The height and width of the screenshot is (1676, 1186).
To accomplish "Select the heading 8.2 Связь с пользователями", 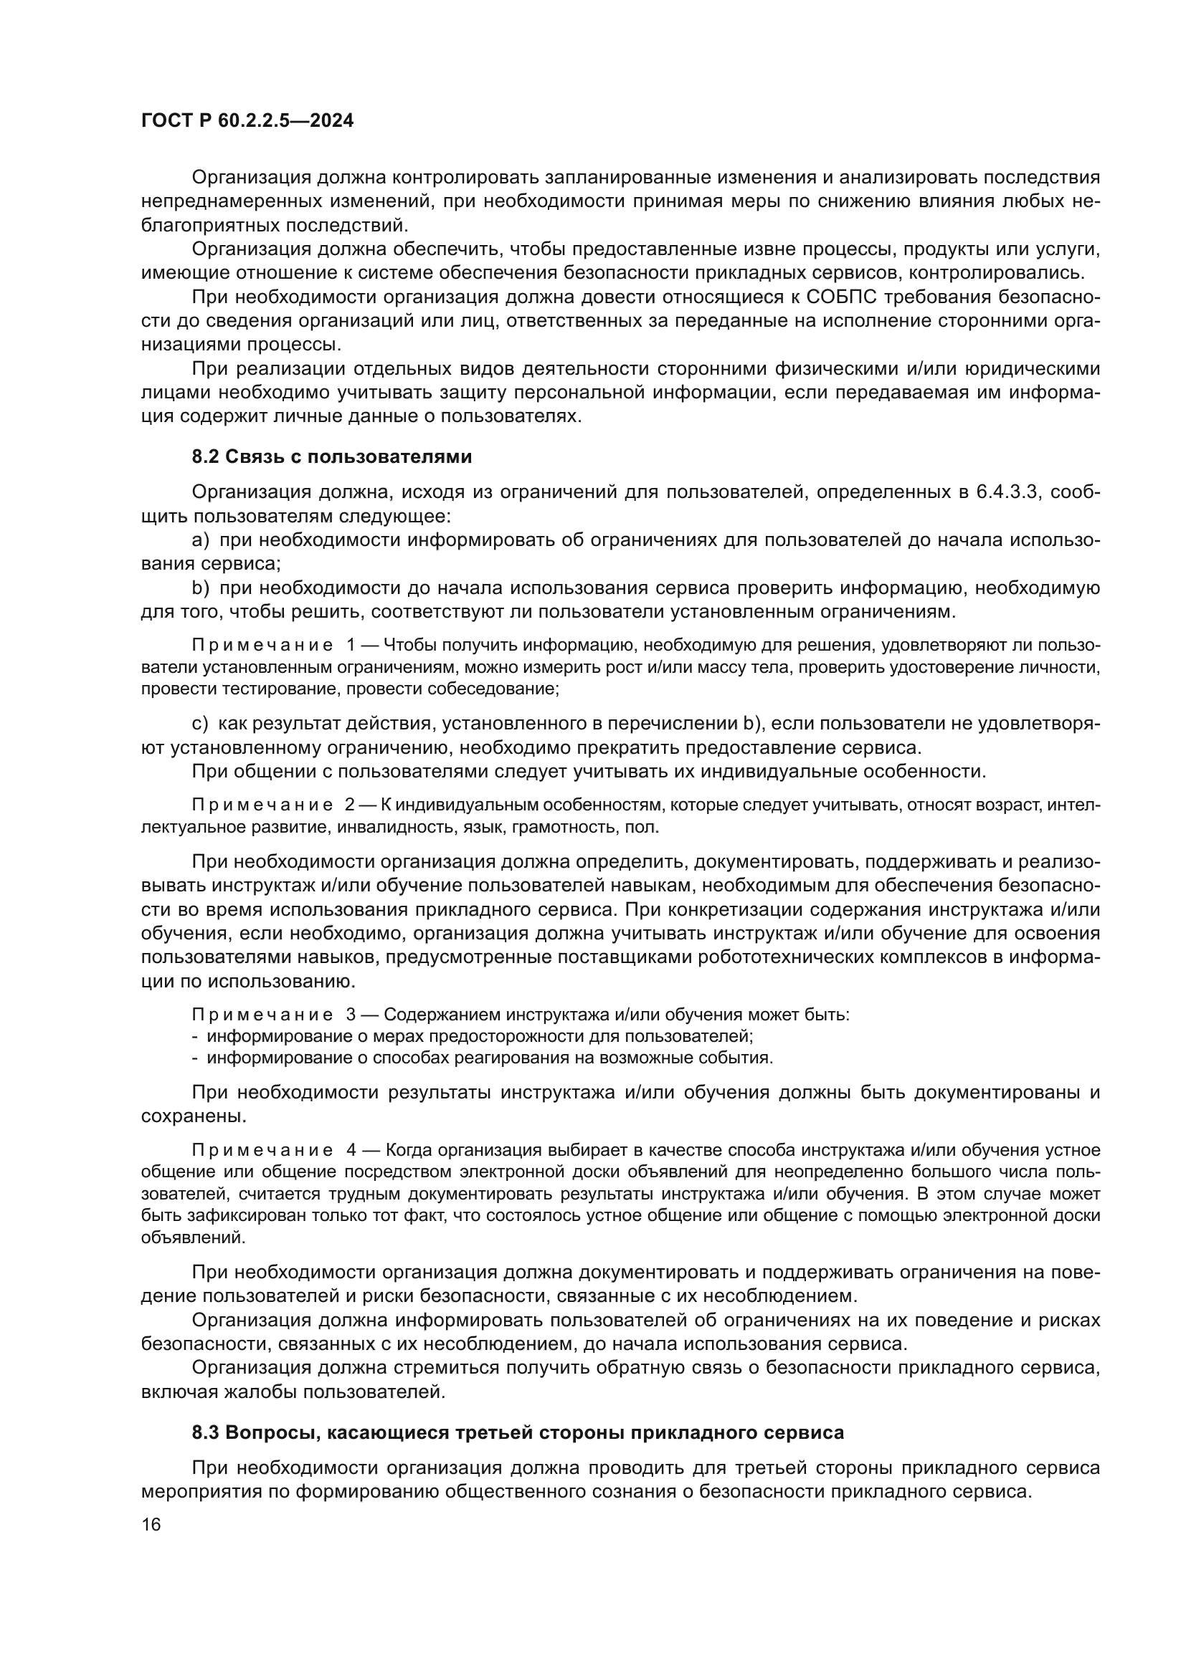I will point(331,457).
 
